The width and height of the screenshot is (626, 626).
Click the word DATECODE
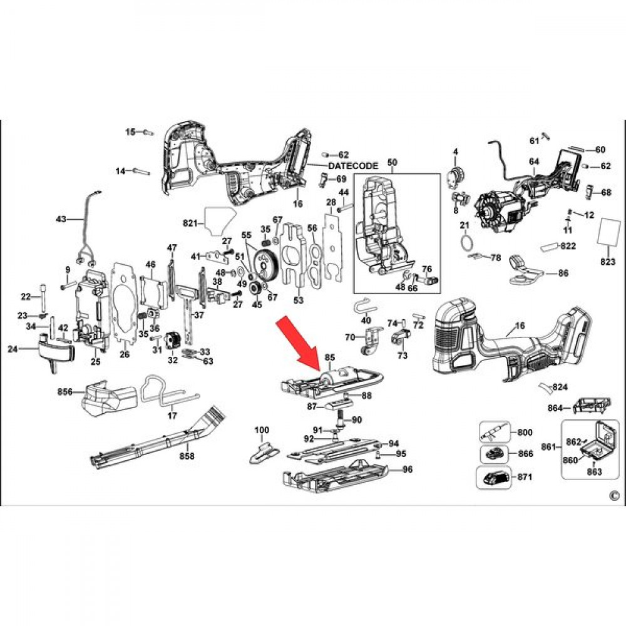pos(353,165)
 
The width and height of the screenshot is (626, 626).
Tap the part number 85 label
pos(330,357)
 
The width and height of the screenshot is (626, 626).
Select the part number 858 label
pos(187,455)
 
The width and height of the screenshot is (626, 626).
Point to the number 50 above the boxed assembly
pos(393,163)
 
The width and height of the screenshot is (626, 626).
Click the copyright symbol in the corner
pos(613,496)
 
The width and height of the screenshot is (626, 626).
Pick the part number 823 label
pos(608,262)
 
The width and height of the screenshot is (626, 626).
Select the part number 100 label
pos(262,430)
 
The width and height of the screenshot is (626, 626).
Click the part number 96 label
pos(408,469)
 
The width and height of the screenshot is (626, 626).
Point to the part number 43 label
pos(61,219)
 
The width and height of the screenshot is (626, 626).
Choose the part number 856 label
pos(65,392)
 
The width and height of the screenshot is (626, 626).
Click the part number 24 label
pos(13,349)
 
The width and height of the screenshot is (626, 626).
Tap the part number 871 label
pos(525,476)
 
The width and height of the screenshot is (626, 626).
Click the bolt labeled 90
pos(341,419)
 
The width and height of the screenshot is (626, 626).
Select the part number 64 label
pos(534,162)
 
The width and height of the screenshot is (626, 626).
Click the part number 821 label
pos(191,223)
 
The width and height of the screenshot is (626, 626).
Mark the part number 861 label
pos(549,446)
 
